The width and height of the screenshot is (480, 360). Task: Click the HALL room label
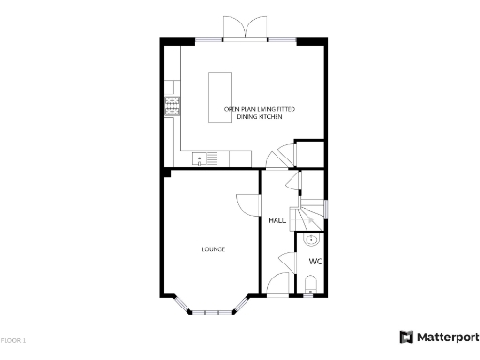[x=277, y=221]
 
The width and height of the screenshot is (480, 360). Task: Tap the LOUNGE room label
[x=213, y=248]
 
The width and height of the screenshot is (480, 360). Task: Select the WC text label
[x=315, y=261]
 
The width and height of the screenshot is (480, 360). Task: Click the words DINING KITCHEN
[x=260, y=119]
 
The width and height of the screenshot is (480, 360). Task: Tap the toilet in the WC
[x=312, y=285]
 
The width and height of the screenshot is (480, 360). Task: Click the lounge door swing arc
[x=247, y=204]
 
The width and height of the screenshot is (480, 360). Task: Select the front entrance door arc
[x=278, y=283]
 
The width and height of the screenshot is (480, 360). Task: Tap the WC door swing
[x=288, y=262]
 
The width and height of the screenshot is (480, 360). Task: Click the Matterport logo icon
[x=407, y=337]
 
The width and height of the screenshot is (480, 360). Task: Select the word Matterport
[x=445, y=337]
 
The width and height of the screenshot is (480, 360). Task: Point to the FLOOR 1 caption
[x=14, y=339]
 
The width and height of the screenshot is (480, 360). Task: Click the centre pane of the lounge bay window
[x=213, y=311]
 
